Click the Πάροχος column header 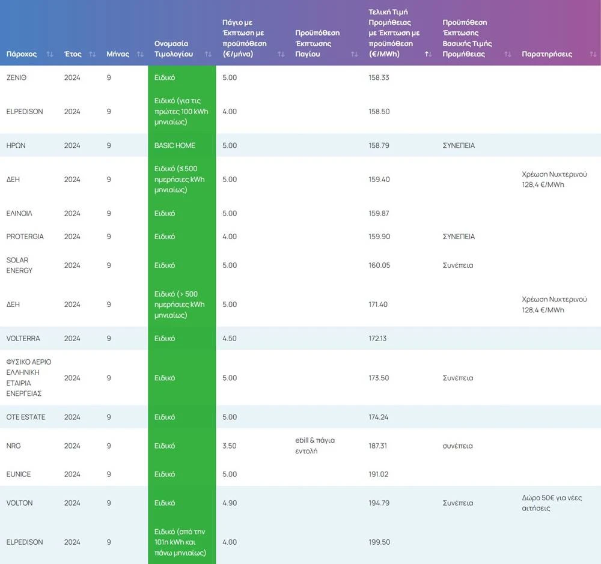[x=22, y=54]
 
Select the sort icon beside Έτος [x=92, y=54]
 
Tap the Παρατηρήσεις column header [x=547, y=54]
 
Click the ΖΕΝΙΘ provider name [x=16, y=77]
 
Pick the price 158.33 [x=379, y=77]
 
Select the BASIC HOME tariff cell [x=175, y=145]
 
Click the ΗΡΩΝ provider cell [x=16, y=145]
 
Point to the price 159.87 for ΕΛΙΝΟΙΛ [x=379, y=213]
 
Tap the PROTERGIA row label [x=25, y=237]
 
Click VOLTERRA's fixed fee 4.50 [x=230, y=338]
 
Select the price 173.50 [x=379, y=378]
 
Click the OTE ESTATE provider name [x=26, y=417]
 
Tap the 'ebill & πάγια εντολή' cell [x=315, y=445]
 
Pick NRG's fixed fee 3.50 [x=230, y=446]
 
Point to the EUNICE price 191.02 [x=379, y=474]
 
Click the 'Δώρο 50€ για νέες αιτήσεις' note [x=552, y=503]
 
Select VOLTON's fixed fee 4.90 [x=230, y=503]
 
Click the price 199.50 [x=379, y=542]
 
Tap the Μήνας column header [x=118, y=54]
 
